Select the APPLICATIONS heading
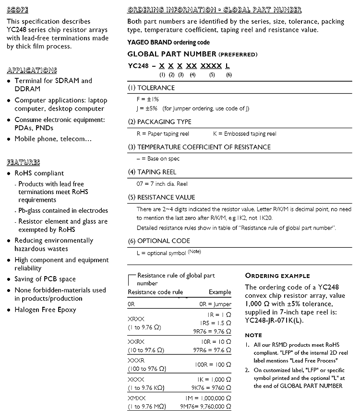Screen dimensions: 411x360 [32, 70]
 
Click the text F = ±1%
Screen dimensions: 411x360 [148, 99]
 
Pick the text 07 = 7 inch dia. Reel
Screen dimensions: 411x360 [162, 183]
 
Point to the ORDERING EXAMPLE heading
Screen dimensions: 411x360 [277, 276]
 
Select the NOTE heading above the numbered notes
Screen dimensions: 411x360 [253, 335]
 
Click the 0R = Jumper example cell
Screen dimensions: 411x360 [215, 304]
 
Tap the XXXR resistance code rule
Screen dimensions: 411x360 [136, 360]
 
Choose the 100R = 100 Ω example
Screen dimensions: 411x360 [213, 365]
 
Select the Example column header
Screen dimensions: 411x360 [220, 292]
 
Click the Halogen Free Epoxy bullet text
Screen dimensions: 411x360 [45, 310]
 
